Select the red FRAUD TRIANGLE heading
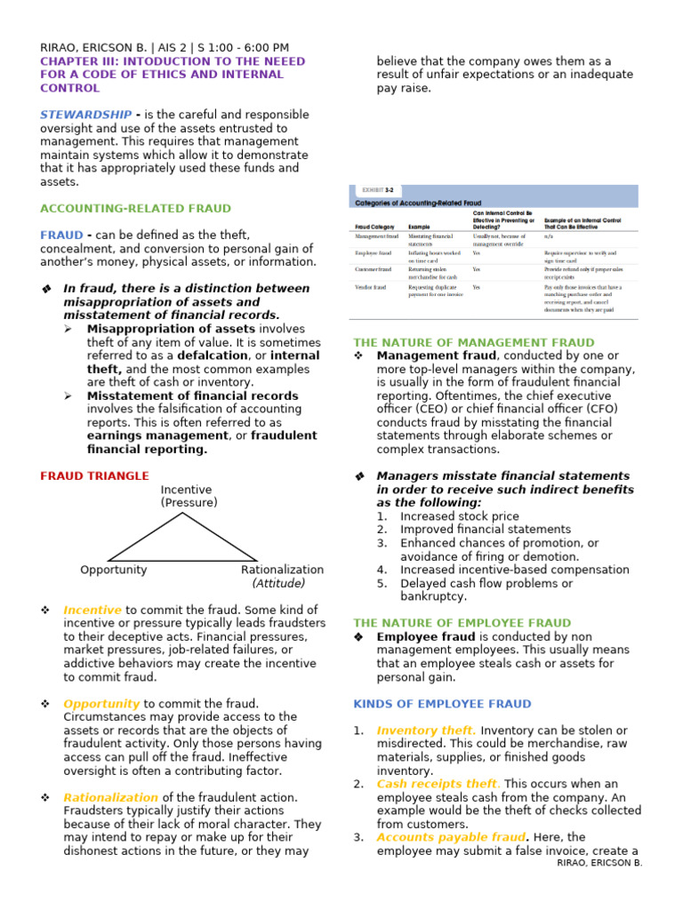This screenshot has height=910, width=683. (x=94, y=475)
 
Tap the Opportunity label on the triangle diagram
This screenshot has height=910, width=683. (x=113, y=570)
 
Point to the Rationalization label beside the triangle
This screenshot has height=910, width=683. (x=282, y=570)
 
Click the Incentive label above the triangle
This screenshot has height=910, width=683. (x=186, y=490)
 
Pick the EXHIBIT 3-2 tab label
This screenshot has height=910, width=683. (x=379, y=190)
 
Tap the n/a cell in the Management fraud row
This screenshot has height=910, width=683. (x=548, y=236)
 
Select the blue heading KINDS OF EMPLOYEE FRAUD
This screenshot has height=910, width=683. (x=442, y=704)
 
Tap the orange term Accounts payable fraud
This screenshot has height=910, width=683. (x=450, y=837)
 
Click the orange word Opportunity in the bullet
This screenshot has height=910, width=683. (x=101, y=703)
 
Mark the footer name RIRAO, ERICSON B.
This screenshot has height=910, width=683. (x=598, y=863)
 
